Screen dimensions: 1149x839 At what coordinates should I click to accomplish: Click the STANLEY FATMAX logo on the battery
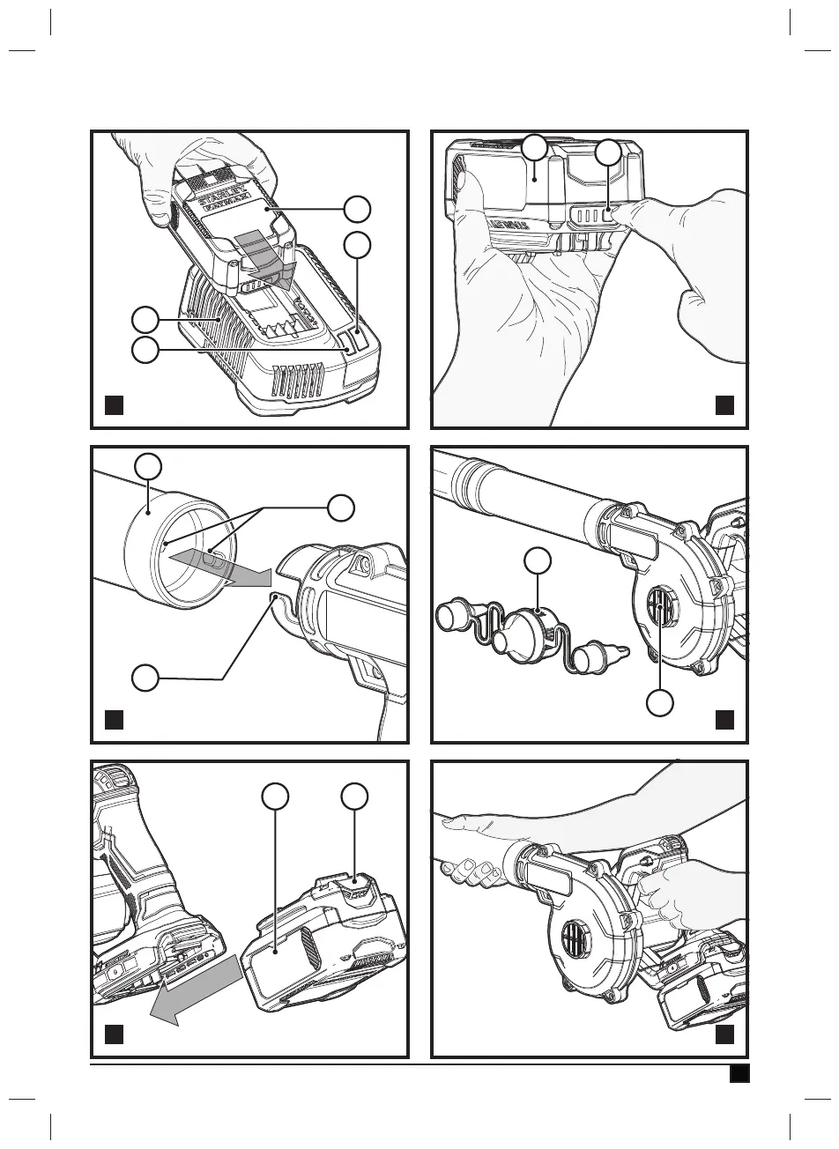tap(216, 199)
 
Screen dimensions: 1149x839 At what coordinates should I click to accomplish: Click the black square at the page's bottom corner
tap(739, 1073)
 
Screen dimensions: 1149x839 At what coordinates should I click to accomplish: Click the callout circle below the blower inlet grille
tap(661, 702)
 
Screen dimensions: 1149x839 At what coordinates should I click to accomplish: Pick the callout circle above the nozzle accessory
tap(538, 561)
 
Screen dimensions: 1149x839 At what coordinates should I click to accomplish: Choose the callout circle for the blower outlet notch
tap(145, 678)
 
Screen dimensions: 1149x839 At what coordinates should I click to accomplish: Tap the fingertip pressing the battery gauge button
tap(627, 214)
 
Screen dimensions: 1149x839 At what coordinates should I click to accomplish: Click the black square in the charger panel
tap(112, 404)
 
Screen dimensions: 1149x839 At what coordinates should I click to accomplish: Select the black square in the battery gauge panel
tap(724, 404)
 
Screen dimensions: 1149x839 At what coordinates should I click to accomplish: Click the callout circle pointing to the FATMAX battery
tap(357, 209)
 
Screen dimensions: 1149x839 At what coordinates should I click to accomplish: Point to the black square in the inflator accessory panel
tap(724, 719)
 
